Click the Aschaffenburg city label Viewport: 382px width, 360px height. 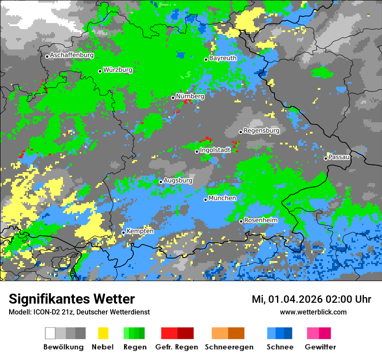click(x=72, y=56)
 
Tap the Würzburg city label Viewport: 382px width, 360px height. click(x=118, y=70)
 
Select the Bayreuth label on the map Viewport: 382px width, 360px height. click(x=223, y=58)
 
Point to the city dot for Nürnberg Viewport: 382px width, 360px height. click(x=173, y=98)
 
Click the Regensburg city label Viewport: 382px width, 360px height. click(x=261, y=131)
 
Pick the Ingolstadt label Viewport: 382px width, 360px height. click(x=215, y=150)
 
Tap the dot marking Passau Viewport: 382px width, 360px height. click(x=326, y=158)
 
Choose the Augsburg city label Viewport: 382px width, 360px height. click(x=178, y=180)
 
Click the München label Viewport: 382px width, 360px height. click(x=222, y=198)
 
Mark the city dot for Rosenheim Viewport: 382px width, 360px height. click(x=241, y=221)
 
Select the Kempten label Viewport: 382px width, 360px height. click(x=140, y=231)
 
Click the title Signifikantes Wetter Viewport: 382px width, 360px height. click(x=72, y=299)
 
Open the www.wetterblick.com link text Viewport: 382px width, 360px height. click(x=313, y=312)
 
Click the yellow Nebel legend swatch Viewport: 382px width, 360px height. click(x=103, y=333)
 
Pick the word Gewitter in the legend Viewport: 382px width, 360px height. click(x=320, y=347)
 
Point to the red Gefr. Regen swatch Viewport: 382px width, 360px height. click(x=169, y=333)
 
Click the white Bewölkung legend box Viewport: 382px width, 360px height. click(x=50, y=333)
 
